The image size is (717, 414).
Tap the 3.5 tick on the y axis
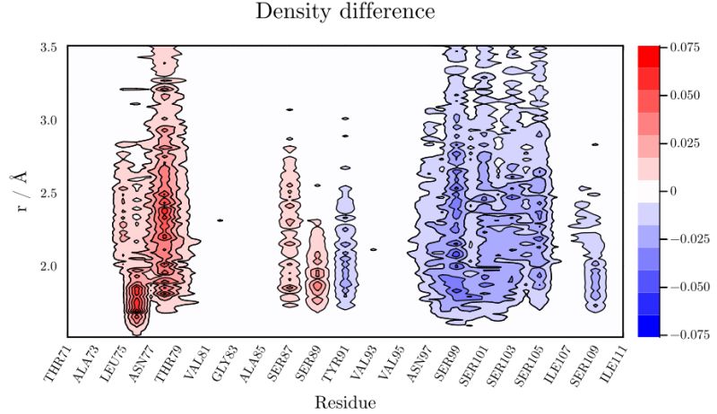click(49, 47)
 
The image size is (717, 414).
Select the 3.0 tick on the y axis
click(49, 120)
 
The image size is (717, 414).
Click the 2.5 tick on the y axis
click(49, 194)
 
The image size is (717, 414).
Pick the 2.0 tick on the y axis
click(49, 267)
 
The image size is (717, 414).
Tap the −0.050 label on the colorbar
click(683, 288)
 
